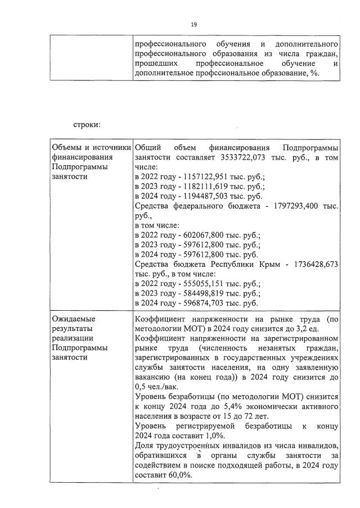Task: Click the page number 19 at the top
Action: [193, 24]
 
